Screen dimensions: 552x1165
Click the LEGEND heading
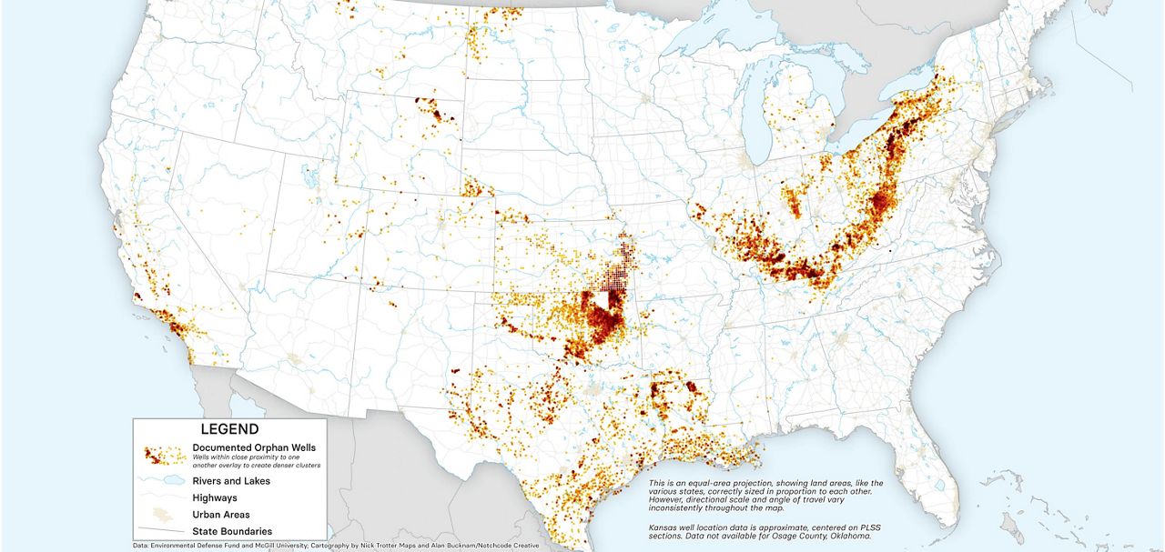pyautogui.click(x=229, y=429)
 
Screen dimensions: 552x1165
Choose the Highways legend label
pyautogui.click(x=215, y=498)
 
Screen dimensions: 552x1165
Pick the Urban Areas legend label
pyautogui.click(x=221, y=515)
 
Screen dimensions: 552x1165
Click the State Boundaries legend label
pyautogui.click(x=232, y=531)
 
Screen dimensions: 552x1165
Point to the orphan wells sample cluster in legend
pyautogui.click(x=165, y=454)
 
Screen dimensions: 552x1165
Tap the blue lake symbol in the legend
pyautogui.click(x=165, y=481)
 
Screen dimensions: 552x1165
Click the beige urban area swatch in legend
pyautogui.click(x=165, y=515)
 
